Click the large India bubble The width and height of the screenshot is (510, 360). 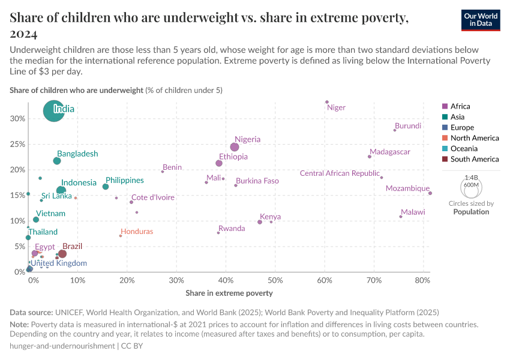[x=54, y=111]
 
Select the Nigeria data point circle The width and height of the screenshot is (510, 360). [x=235, y=147]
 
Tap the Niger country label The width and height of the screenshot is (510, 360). [x=336, y=108]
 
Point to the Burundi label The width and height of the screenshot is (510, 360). [x=408, y=126]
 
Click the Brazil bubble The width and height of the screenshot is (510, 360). [x=62, y=254]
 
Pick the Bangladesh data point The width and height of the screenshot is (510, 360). [x=57, y=161]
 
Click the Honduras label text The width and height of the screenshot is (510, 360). [x=136, y=232]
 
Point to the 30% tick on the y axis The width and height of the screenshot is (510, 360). [x=17, y=119]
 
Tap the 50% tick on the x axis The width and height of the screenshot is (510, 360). [x=275, y=281]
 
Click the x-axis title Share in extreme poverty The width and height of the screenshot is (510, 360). [x=229, y=293]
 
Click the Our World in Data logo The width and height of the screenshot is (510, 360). [x=481, y=20]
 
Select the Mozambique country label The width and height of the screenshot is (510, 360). [x=407, y=188]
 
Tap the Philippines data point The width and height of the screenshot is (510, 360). [x=106, y=187]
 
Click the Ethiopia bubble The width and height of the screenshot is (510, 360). [x=219, y=163]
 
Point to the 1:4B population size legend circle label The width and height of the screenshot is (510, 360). [x=471, y=178]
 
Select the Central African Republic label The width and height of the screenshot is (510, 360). [x=340, y=174]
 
